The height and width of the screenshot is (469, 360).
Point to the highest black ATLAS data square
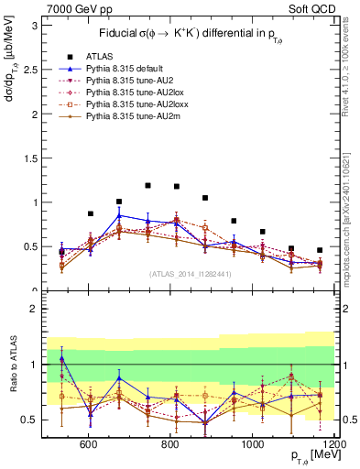(x=147, y=185)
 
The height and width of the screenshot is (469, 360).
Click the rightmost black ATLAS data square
(x=320, y=250)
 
